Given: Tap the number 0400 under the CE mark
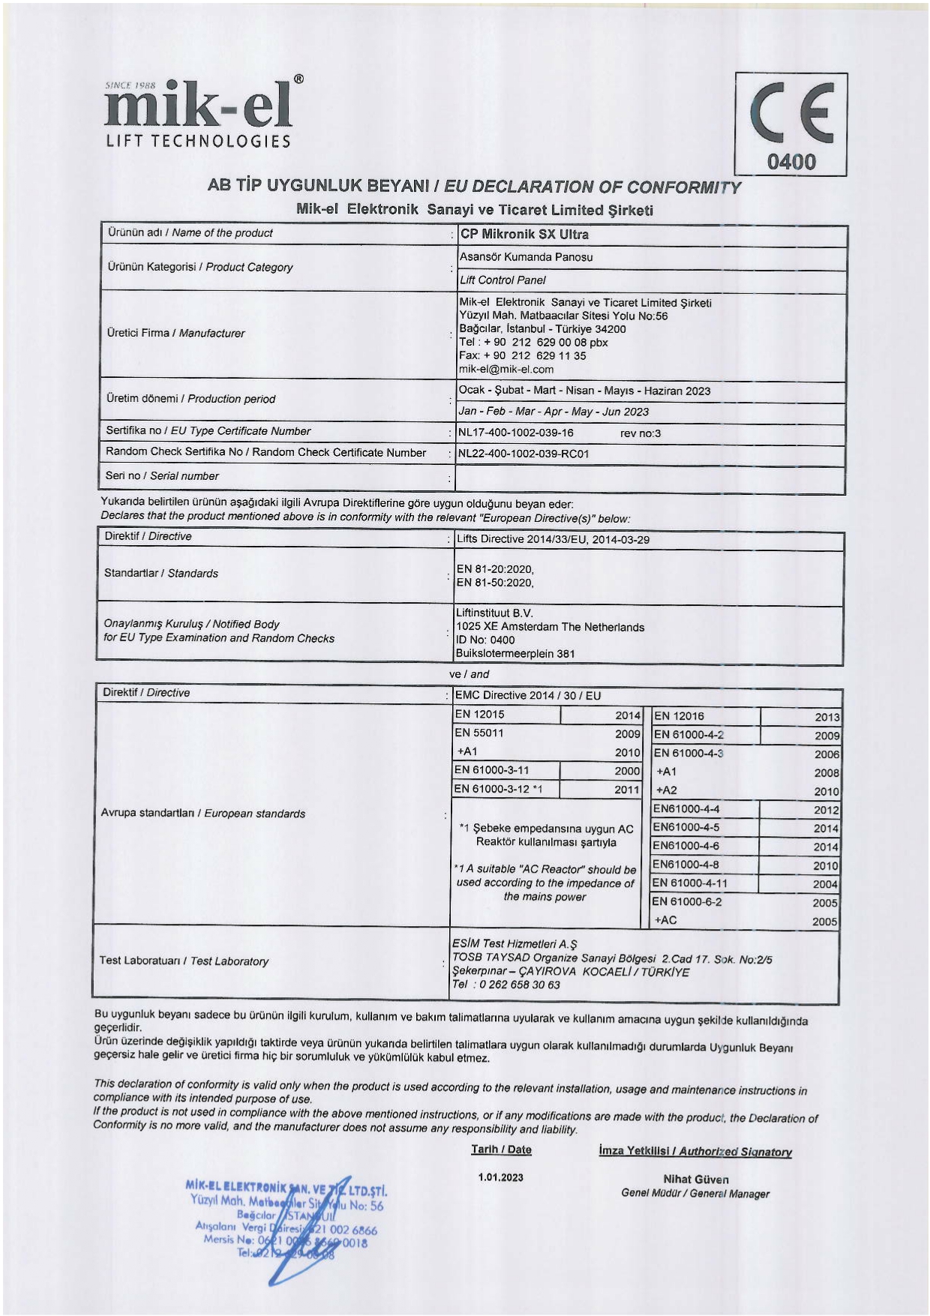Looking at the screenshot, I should click(790, 161).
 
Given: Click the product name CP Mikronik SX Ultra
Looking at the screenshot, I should click(524, 234).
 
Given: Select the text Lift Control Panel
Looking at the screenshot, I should click(502, 280).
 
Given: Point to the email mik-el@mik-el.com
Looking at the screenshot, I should click(506, 369).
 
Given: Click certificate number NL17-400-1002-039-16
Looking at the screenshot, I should click(516, 433).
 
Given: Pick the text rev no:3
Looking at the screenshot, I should click(640, 433).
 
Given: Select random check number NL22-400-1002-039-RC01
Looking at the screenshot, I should click(523, 454).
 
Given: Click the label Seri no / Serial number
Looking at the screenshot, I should click(162, 476).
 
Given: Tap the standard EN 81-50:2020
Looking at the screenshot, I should click(494, 583).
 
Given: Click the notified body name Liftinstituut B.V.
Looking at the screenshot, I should click(494, 613).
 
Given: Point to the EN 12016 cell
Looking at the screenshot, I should click(679, 716).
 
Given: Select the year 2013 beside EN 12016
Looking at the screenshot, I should click(827, 718).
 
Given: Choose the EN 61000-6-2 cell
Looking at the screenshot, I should click(687, 902).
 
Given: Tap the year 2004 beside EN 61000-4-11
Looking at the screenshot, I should click(825, 885).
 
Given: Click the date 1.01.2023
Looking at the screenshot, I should click(501, 1177).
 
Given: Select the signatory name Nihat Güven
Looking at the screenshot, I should click(695, 1180).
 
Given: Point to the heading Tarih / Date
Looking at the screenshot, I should click(501, 1150).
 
